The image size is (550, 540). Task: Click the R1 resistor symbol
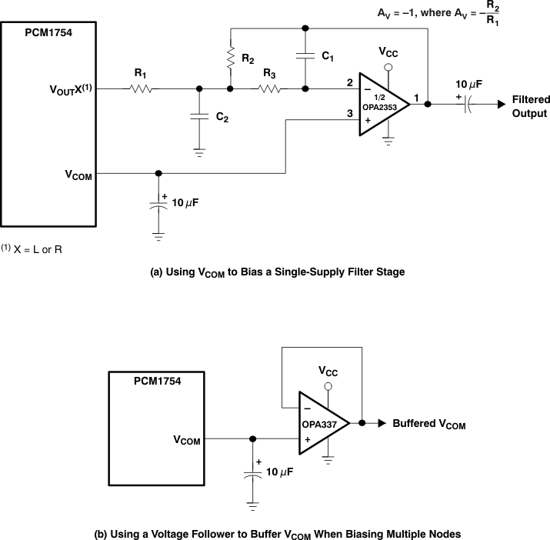140,88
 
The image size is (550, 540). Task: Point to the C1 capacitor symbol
305,57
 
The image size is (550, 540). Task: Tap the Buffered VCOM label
428,424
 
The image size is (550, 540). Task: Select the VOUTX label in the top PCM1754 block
70,88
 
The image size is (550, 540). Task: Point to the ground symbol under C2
199,152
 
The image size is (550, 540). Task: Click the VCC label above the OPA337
328,370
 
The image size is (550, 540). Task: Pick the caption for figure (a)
275,272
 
